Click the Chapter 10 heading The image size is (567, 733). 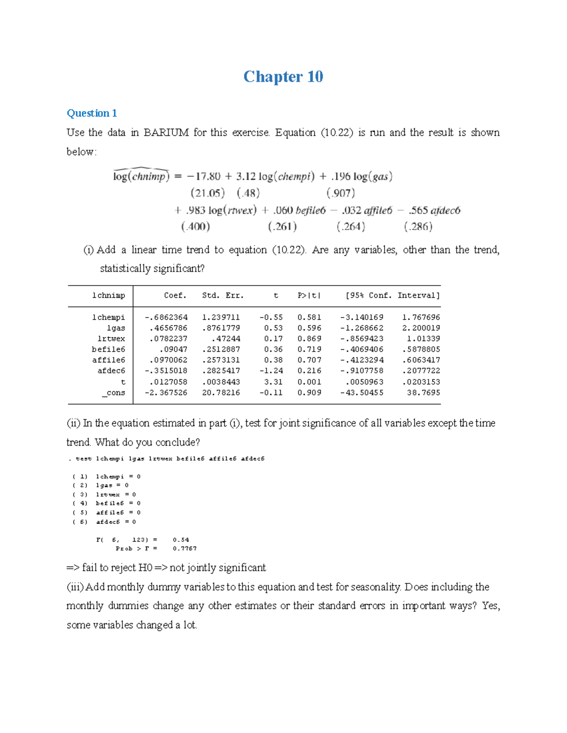click(x=283, y=76)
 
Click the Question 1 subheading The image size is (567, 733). click(x=92, y=113)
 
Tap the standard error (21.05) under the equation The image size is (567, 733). click(x=207, y=193)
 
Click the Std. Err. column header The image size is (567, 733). click(x=223, y=295)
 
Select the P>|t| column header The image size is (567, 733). click(x=309, y=295)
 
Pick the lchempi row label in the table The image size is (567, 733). click(x=108, y=317)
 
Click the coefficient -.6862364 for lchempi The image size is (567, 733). click(x=166, y=317)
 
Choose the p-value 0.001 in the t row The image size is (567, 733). click(x=309, y=382)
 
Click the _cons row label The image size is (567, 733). click(x=113, y=393)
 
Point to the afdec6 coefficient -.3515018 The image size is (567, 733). click(x=166, y=371)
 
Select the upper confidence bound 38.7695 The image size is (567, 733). click(x=423, y=393)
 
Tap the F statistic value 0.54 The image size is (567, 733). click(x=180, y=539)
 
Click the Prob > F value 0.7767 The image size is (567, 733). click(x=184, y=548)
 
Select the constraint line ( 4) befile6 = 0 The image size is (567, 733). click(x=107, y=504)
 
